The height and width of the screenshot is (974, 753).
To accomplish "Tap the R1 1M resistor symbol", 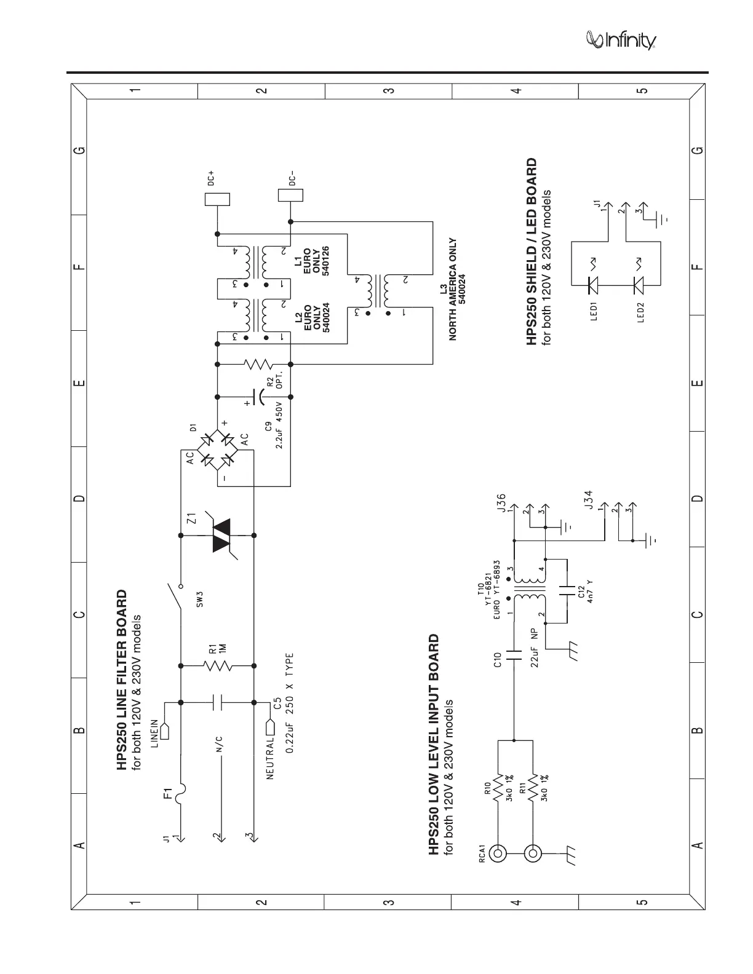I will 217,665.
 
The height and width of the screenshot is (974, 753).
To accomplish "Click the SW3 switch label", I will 199,598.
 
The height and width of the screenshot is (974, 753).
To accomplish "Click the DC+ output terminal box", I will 217,199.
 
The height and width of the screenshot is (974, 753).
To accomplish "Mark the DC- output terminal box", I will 290,195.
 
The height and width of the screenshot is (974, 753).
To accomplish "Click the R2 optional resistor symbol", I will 253,365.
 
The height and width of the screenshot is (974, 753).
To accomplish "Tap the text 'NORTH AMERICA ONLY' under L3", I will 452,290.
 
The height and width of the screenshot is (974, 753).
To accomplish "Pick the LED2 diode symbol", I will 638,284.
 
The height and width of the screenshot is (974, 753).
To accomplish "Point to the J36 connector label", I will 502,502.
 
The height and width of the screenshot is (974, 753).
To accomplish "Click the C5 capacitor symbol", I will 217,702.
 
